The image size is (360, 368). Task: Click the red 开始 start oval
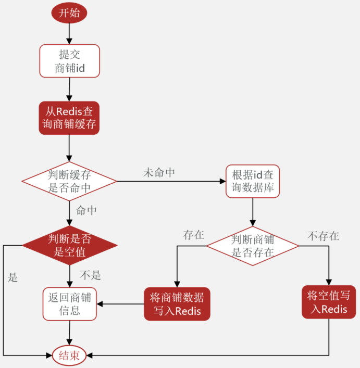click(69, 12)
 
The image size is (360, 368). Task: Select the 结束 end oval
click(69, 356)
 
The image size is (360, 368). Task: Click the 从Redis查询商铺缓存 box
click(69, 118)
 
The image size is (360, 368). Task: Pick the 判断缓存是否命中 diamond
click(69, 181)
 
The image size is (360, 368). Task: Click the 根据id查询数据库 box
click(253, 181)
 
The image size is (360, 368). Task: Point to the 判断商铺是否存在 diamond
click(253, 246)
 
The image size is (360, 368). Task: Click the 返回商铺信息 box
click(69, 304)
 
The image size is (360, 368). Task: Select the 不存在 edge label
click(324, 236)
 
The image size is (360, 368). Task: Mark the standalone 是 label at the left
click(13, 277)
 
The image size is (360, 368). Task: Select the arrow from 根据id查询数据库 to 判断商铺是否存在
click(253, 212)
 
